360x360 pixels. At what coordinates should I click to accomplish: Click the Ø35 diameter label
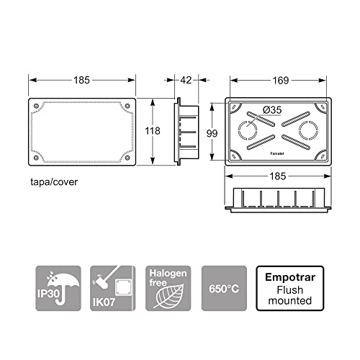point(273,109)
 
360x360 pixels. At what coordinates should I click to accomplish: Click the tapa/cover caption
point(54,182)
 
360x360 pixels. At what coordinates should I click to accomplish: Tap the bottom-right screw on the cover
point(127,158)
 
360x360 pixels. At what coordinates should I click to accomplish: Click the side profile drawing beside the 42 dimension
point(186,131)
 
